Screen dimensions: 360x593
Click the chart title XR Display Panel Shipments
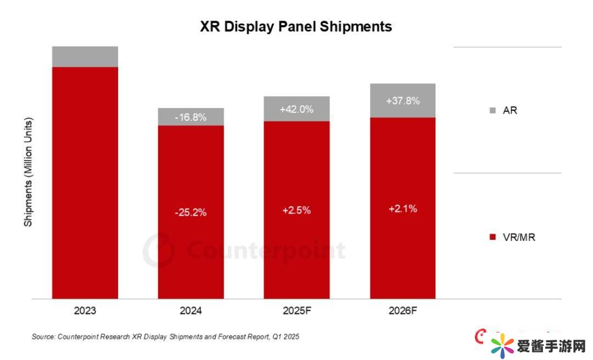(x=296, y=26)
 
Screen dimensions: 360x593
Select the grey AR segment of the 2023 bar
(x=85, y=57)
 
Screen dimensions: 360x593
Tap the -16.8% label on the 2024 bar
(x=191, y=117)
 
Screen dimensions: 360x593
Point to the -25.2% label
(x=191, y=212)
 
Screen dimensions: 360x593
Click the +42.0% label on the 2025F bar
(x=296, y=109)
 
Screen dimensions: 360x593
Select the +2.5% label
(x=296, y=210)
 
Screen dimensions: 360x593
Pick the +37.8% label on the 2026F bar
(x=402, y=101)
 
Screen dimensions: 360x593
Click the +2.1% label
(x=402, y=209)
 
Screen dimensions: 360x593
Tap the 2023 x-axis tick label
(x=85, y=311)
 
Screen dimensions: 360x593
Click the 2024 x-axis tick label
(x=191, y=311)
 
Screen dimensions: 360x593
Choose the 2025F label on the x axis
(x=296, y=311)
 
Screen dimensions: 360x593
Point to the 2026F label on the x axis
(x=402, y=311)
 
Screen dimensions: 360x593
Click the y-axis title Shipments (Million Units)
(x=29, y=172)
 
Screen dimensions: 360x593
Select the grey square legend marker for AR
(x=492, y=110)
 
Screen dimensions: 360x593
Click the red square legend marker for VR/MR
(x=492, y=237)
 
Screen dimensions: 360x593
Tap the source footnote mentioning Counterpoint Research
(x=165, y=336)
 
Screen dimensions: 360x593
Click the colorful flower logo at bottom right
(x=502, y=346)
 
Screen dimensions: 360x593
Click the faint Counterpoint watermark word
(x=266, y=251)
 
